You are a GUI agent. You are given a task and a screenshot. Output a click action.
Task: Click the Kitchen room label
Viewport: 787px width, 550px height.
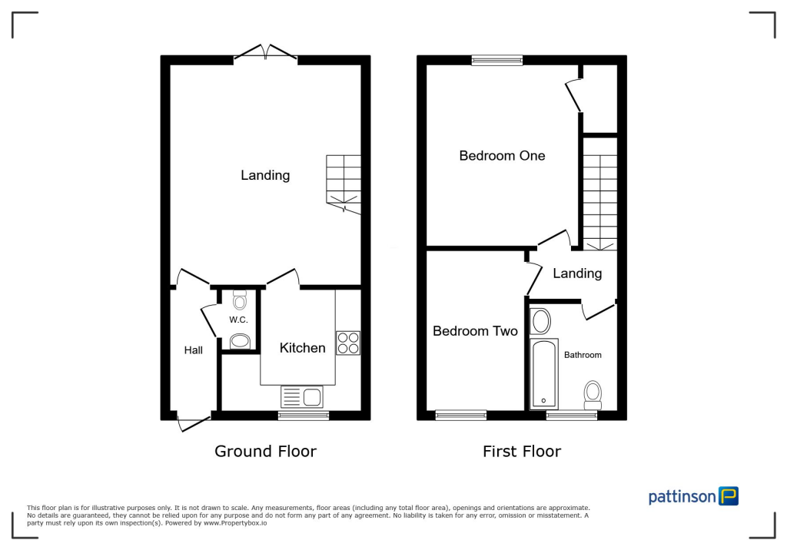click(x=302, y=348)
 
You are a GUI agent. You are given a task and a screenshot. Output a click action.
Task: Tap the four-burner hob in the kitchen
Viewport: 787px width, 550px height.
click(x=347, y=343)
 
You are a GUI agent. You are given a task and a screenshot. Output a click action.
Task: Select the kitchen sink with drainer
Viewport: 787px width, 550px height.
click(x=303, y=396)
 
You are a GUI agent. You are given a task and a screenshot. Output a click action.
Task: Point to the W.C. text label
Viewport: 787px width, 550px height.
click(x=237, y=320)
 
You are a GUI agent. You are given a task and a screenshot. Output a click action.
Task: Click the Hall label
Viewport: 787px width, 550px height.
click(x=194, y=350)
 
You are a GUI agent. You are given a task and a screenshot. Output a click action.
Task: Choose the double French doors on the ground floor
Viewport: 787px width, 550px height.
click(x=266, y=53)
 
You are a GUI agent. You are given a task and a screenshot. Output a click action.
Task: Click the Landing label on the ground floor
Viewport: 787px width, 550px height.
click(x=265, y=175)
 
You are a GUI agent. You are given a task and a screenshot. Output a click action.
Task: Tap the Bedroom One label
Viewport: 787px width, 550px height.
click(x=502, y=156)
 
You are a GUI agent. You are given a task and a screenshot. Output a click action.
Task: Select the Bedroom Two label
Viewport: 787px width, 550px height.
click(x=475, y=331)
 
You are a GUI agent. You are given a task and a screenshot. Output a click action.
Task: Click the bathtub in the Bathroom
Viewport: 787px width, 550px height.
click(x=545, y=373)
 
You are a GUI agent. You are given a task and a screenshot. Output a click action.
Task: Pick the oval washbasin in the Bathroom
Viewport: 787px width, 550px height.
click(x=541, y=320)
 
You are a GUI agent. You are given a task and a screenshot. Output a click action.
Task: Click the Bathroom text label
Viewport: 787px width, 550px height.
click(x=583, y=355)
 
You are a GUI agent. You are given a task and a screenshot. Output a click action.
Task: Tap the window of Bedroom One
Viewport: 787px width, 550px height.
click(x=497, y=60)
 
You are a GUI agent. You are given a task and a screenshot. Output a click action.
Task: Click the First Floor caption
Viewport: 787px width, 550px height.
click(x=522, y=452)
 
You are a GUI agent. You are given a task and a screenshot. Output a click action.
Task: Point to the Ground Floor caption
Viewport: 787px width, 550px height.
click(x=265, y=452)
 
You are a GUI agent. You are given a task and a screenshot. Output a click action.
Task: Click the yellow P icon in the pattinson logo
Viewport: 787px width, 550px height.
click(x=728, y=496)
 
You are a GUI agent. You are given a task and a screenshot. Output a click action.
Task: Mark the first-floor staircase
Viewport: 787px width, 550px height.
click(x=599, y=196)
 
